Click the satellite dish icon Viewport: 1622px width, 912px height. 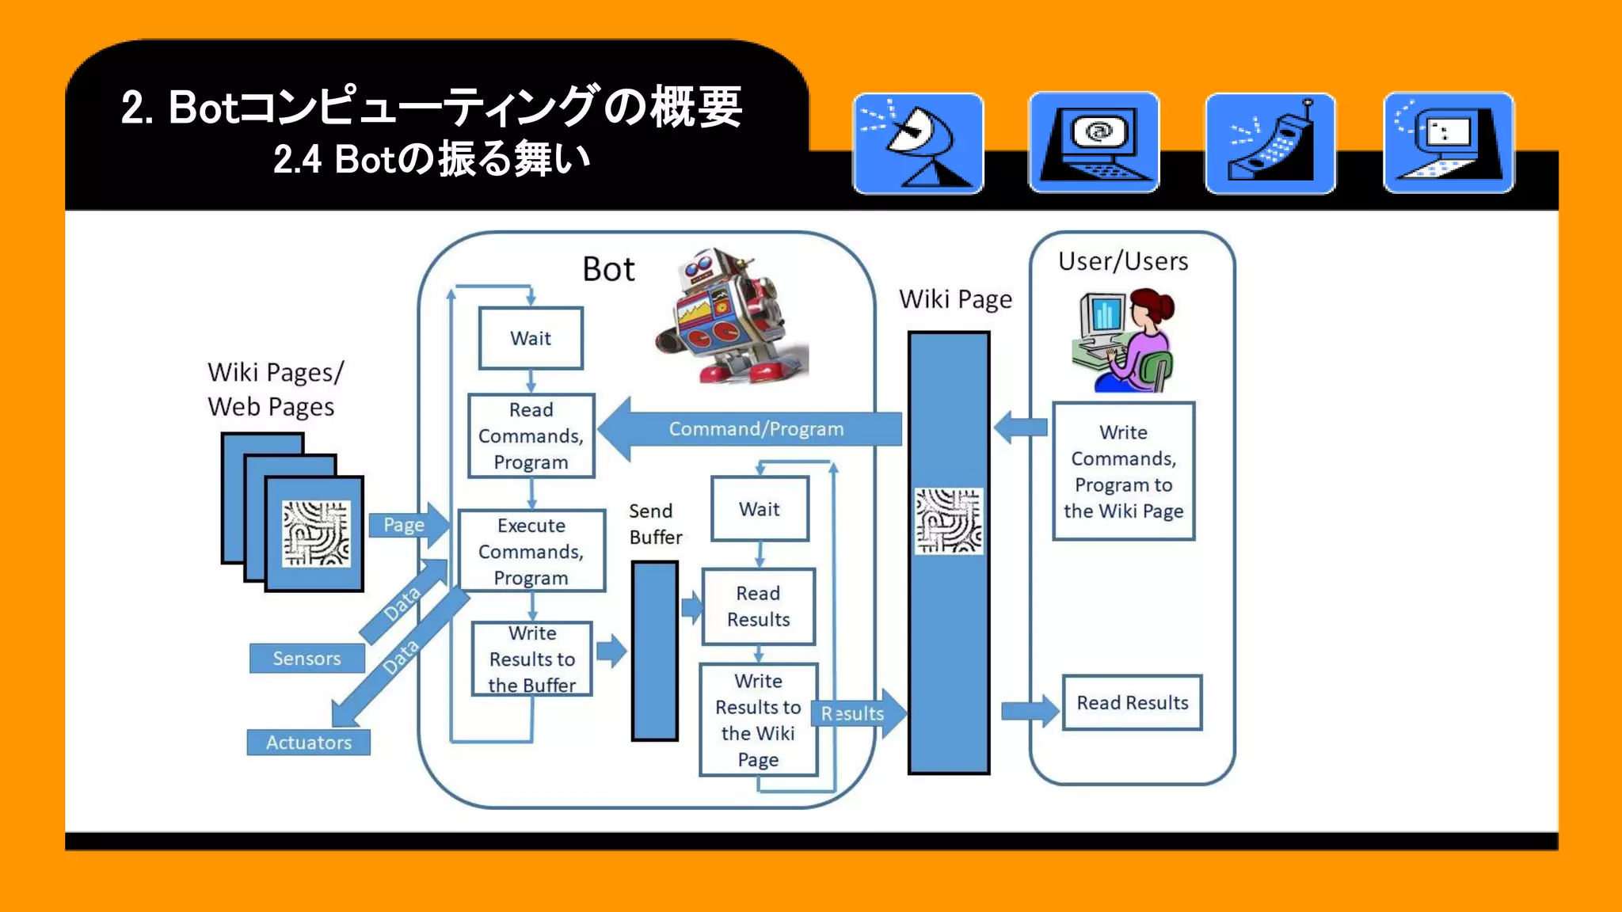(918, 143)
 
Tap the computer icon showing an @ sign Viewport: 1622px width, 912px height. (1094, 143)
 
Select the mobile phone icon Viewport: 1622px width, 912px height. (1270, 143)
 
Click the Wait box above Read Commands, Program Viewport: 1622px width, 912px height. (531, 338)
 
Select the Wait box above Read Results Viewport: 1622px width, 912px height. (760, 509)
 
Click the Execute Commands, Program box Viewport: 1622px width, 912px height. (531, 551)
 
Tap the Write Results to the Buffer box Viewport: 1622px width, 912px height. (531, 659)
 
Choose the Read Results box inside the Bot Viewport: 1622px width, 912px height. (758, 606)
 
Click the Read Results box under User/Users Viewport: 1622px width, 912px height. (1132, 702)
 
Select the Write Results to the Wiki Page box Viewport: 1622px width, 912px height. (758, 720)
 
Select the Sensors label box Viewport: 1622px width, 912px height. (307, 658)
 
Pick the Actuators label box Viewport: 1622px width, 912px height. (308, 742)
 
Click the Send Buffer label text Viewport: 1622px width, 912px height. (654, 524)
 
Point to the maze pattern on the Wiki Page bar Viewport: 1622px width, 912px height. (948, 521)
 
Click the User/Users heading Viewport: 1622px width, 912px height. (1123, 261)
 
